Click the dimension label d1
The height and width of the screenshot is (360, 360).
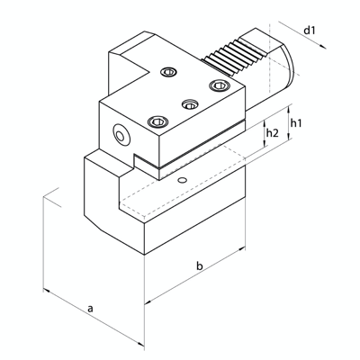click(310, 31)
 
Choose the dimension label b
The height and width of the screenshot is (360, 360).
click(200, 266)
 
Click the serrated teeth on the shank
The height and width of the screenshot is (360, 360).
click(236, 57)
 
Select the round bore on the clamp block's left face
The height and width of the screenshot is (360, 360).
click(120, 134)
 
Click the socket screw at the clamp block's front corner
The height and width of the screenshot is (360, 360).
click(159, 121)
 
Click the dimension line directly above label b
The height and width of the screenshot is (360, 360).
click(196, 275)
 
